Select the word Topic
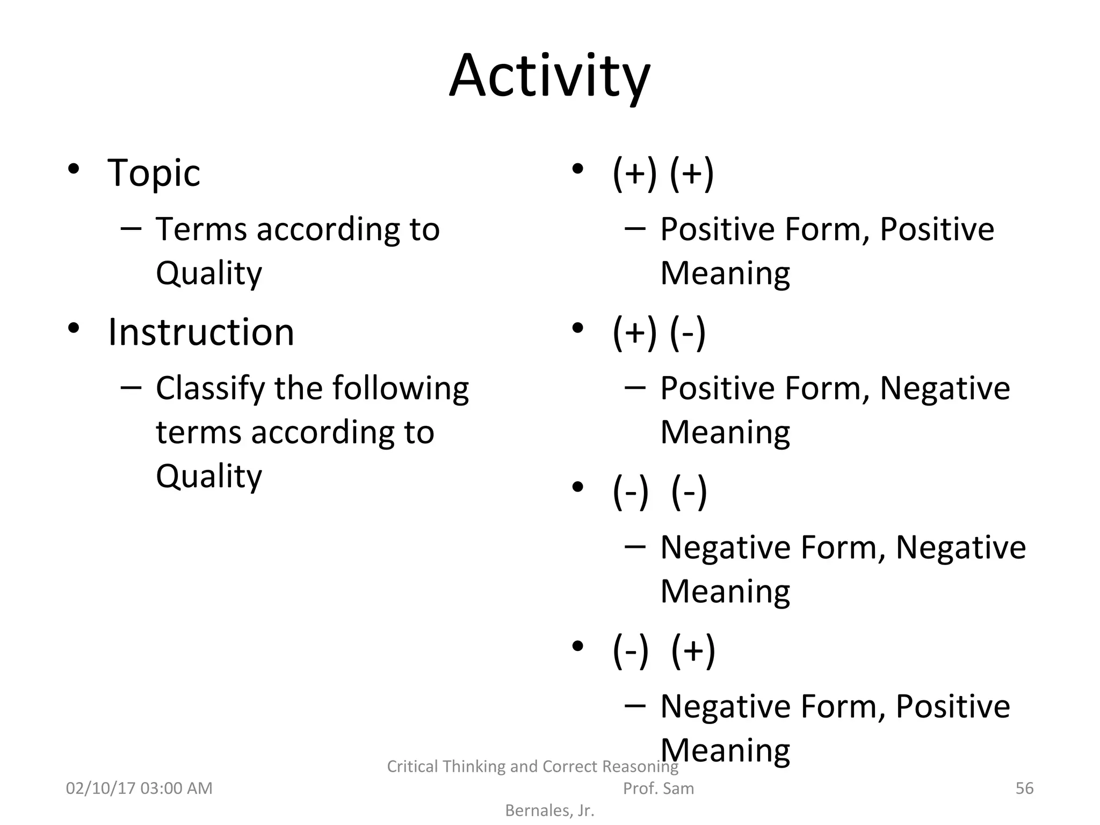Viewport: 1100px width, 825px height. pos(154,173)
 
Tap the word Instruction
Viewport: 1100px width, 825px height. pos(201,332)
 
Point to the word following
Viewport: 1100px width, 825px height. pos(401,389)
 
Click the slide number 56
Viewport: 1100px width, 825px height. pos(1024,788)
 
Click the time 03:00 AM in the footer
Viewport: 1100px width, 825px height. pos(176,788)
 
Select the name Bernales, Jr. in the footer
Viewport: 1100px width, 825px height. pos(549,810)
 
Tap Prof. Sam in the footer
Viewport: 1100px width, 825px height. pos(658,788)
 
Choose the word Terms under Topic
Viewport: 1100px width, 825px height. pos(201,230)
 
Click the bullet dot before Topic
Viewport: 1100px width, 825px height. pos(74,170)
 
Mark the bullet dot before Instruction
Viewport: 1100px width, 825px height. pos(74,328)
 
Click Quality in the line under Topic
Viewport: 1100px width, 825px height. pos(208,274)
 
